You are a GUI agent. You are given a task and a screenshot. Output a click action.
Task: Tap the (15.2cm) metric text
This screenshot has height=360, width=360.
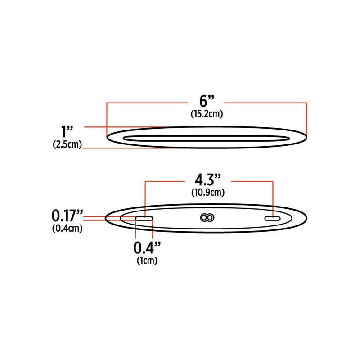pos(206,114)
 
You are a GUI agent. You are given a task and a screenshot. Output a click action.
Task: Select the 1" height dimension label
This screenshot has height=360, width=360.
pos(67,132)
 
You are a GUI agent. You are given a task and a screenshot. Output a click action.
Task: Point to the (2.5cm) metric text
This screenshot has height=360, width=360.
pos(67,145)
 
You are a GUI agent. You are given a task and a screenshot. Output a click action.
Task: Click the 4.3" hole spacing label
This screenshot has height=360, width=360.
pos(207,180)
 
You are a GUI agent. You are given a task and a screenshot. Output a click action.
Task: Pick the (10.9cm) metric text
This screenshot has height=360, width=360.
pos(207,193)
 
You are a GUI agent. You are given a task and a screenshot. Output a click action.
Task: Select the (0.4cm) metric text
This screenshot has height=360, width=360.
pos(67,228)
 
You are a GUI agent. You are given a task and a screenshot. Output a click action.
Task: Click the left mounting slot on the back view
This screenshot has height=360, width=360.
pos(144,218)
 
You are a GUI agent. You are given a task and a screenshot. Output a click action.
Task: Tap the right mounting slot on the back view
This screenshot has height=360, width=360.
pos(273,218)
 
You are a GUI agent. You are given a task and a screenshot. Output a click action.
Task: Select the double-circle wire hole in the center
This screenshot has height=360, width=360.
pos(207,218)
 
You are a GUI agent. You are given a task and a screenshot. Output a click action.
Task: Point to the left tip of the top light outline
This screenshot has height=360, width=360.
pos(107,137)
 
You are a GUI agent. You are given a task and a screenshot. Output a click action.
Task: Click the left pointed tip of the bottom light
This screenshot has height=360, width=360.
pos(106,218)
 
